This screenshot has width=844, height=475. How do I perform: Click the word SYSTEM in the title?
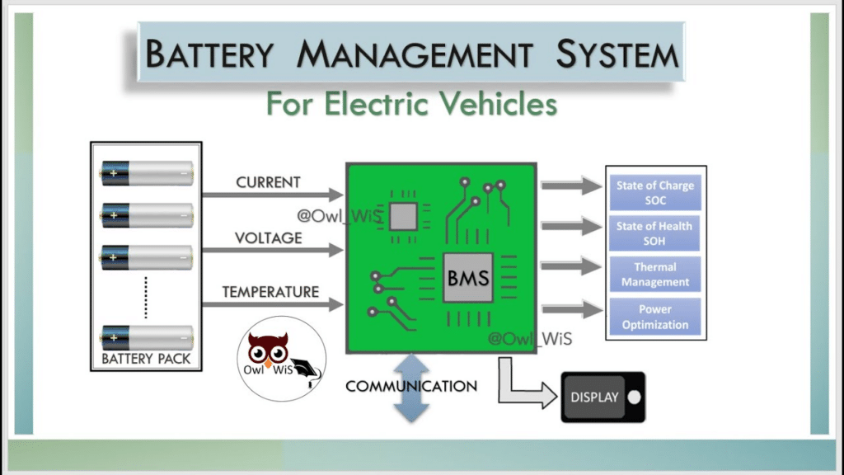[617, 54]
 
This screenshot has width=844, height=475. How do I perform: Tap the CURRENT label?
[268, 181]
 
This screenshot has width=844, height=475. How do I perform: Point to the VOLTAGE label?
[268, 237]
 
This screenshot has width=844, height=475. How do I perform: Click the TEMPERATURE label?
[270, 292]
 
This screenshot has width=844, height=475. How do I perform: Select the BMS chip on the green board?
[467, 278]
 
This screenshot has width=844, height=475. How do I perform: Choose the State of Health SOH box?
[655, 233]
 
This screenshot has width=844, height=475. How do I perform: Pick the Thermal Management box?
[655, 275]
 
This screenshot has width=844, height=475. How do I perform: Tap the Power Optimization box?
[655, 317]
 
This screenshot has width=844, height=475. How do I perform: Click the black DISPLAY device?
[603, 397]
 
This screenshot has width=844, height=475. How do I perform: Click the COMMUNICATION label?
[410, 386]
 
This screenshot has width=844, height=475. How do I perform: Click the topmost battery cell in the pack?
[147, 172]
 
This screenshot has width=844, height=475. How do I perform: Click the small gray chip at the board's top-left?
[402, 216]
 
